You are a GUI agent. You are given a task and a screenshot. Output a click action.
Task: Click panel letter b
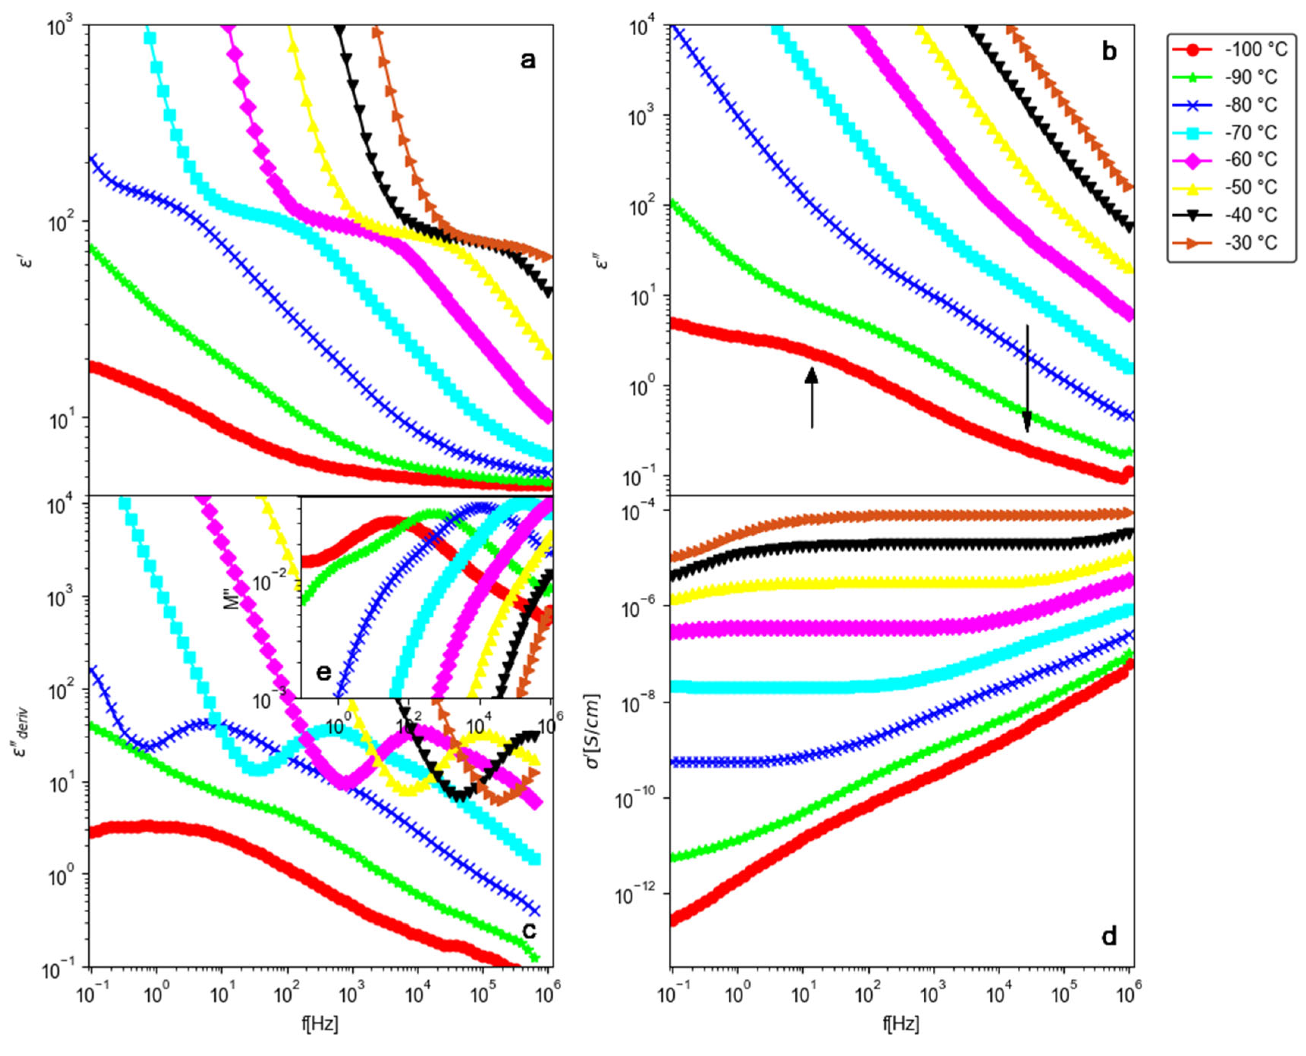click(1109, 52)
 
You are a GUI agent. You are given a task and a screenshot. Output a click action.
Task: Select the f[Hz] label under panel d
click(901, 1025)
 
